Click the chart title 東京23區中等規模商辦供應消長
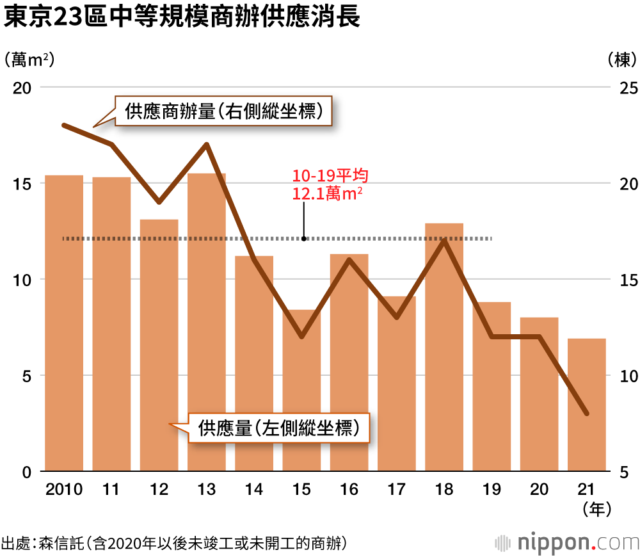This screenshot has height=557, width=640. pos(182,17)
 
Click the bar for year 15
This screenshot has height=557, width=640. pos(301,391)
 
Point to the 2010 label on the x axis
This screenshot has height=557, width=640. pos(64,490)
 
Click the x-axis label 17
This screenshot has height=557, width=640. pos(397,490)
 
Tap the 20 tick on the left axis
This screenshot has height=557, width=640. pos(24,88)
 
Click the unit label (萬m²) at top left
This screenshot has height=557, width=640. pos(28,60)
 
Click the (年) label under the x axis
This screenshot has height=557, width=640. pos(597,510)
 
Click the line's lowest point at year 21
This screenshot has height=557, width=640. pos(587,414)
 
